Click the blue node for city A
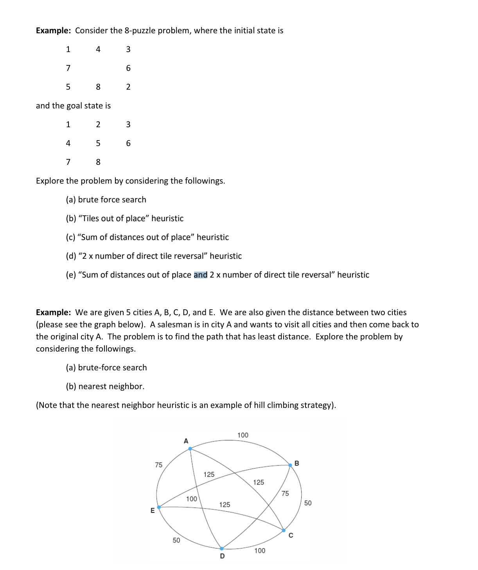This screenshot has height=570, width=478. (190, 449)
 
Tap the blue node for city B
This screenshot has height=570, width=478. (290, 465)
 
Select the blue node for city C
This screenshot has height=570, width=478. (284, 530)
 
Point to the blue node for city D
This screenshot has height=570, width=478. (222, 548)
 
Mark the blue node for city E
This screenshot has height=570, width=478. (159, 507)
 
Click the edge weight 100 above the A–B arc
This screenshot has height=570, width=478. (243, 435)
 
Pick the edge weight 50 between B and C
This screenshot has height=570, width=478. (308, 503)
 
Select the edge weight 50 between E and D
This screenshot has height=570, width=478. (176, 540)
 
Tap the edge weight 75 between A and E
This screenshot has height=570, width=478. (158, 465)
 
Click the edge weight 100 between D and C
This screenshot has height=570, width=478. (260, 550)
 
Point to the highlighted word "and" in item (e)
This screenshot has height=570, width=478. (201, 275)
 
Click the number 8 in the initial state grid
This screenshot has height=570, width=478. (98, 87)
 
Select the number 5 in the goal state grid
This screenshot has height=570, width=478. (98, 143)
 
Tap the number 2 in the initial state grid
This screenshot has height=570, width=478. (128, 87)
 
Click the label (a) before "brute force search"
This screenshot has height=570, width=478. (71, 200)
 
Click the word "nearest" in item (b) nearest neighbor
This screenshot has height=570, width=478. (92, 386)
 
